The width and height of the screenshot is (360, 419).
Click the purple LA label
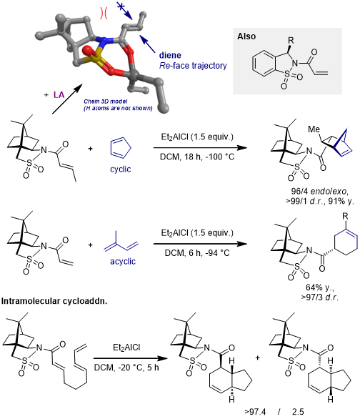[x=59, y=95]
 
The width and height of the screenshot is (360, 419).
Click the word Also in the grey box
[x=246, y=36]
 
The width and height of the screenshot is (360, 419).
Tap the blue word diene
[x=170, y=55]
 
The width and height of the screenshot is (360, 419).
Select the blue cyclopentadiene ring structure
[x=121, y=148]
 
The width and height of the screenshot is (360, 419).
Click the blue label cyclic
[x=120, y=169]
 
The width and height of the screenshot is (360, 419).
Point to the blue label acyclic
[x=123, y=261]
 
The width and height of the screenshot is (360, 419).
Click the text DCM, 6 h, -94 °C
[x=197, y=253]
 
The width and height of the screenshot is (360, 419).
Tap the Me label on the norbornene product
[x=314, y=129]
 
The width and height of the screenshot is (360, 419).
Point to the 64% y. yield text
[x=320, y=287]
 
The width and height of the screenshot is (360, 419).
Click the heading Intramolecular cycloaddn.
[x=54, y=301]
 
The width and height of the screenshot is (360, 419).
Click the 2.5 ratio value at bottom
[x=298, y=412]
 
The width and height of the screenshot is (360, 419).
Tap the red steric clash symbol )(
[x=104, y=13]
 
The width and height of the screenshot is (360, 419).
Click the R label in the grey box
[x=291, y=41]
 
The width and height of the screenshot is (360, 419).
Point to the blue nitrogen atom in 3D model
[x=102, y=41]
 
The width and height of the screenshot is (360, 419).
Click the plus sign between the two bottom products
[x=258, y=358]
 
